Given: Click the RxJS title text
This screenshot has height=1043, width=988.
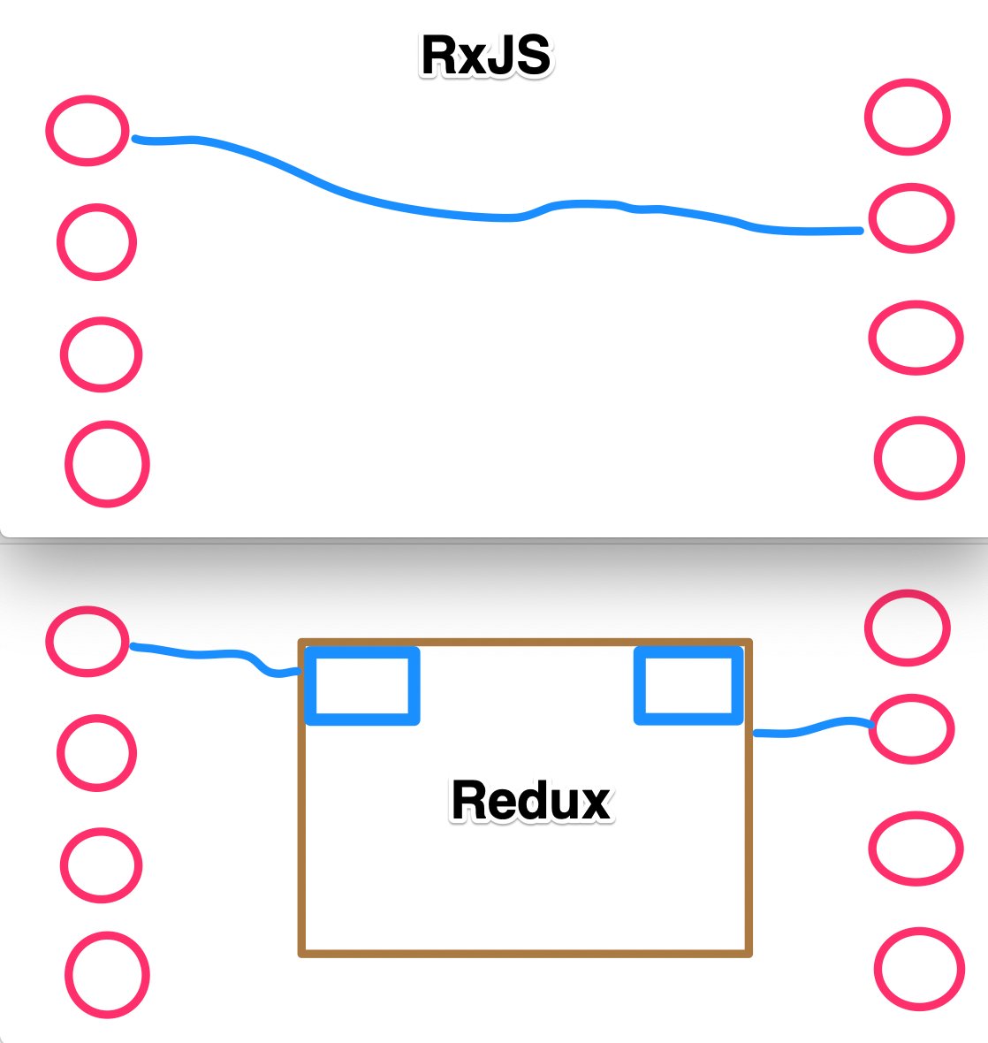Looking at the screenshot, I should point(486,56).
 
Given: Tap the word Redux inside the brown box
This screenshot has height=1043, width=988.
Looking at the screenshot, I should point(531,800).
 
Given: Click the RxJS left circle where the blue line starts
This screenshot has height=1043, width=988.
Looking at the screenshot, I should point(87,130).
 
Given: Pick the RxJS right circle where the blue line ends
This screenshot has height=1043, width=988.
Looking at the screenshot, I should point(910,218).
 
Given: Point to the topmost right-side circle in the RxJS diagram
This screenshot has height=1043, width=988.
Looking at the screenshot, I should point(908,118).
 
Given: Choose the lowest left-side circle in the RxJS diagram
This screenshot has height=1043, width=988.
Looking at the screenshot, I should point(107,464).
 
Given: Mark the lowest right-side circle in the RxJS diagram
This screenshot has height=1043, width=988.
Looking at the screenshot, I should point(919,459).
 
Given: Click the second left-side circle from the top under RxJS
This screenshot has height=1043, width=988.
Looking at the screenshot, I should point(97,242).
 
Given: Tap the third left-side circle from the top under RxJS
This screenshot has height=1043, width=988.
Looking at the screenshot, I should point(102,354).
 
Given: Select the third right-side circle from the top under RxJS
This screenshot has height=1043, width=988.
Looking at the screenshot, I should point(916,338).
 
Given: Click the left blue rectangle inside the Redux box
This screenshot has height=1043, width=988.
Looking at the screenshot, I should point(362,686).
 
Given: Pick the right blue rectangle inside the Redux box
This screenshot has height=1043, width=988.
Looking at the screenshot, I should point(688,686).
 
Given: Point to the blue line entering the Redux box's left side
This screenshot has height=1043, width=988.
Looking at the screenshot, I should point(212,655).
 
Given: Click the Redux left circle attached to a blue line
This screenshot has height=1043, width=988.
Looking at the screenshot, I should point(87,641).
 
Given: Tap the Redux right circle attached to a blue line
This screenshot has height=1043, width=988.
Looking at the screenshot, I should point(911,729).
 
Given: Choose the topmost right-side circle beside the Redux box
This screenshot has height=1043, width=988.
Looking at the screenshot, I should point(908,628).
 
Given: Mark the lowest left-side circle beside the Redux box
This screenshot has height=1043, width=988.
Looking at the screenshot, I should point(107,976).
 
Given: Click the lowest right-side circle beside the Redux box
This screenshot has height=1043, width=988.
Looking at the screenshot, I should point(919,970).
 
